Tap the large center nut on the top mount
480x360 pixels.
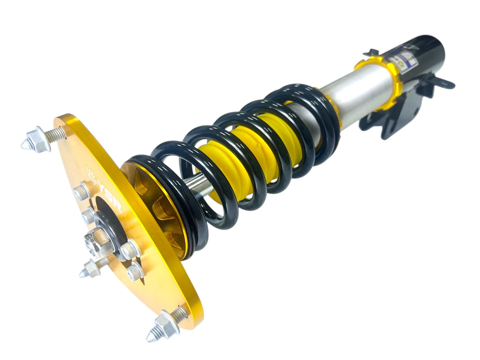click(x=97, y=241)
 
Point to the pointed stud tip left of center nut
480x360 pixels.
click(x=87, y=271)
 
